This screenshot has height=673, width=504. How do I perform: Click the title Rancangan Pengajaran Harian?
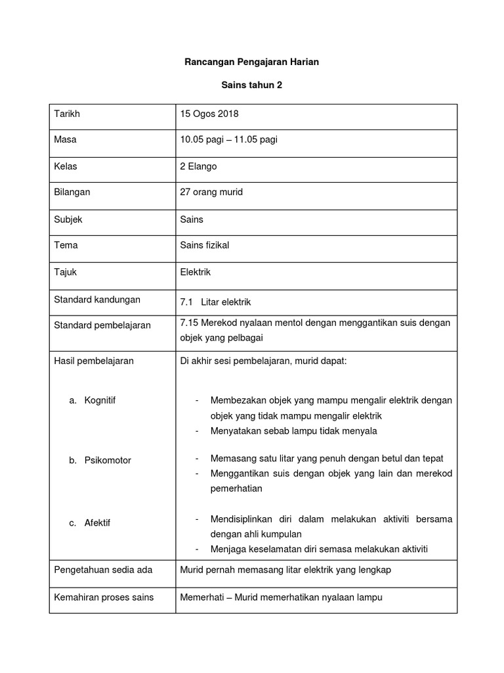coord(251,62)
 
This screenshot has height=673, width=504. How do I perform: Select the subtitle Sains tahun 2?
coord(251,85)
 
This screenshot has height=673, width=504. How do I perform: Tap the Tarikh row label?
coord(67,114)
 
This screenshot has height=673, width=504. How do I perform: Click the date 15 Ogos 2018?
coord(209,114)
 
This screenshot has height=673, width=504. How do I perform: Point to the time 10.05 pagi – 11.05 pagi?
coord(228,140)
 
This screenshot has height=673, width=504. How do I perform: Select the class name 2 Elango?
coord(198,166)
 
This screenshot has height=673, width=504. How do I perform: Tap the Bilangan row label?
coord(72,193)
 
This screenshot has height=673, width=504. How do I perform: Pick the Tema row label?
coord(66,245)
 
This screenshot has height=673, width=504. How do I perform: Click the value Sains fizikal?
coord(205,245)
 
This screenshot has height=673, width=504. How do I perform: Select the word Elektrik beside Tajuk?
coord(196,271)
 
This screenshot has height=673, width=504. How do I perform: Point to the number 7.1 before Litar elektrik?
coord(186,302)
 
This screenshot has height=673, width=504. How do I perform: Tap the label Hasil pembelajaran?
coord(94,361)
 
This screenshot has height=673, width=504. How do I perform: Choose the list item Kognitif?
coord(100,400)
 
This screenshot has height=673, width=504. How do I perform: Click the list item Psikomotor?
coord(108,461)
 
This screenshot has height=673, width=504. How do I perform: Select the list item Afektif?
coord(98,523)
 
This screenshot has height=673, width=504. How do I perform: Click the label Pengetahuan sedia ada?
coord(103,570)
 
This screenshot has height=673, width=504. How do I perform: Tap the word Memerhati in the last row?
coord(201,597)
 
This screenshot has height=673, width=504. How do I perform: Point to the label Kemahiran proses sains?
coord(104,597)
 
